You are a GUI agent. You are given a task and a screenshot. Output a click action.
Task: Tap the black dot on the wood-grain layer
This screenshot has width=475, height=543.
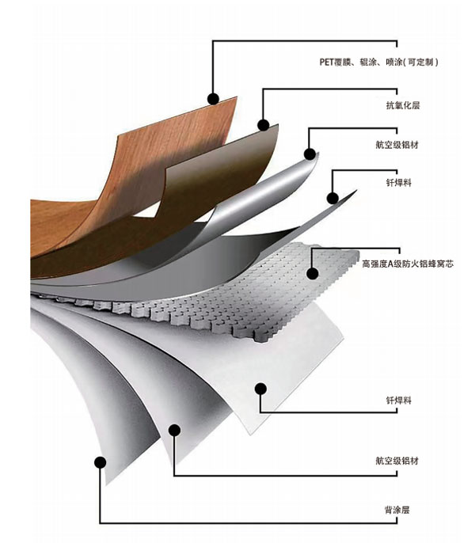(x=212, y=98)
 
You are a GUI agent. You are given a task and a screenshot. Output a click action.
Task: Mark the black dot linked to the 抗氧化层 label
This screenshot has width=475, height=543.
(x=263, y=125)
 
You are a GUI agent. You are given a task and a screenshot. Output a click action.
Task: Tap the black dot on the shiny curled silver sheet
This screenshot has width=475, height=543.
(x=310, y=154)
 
